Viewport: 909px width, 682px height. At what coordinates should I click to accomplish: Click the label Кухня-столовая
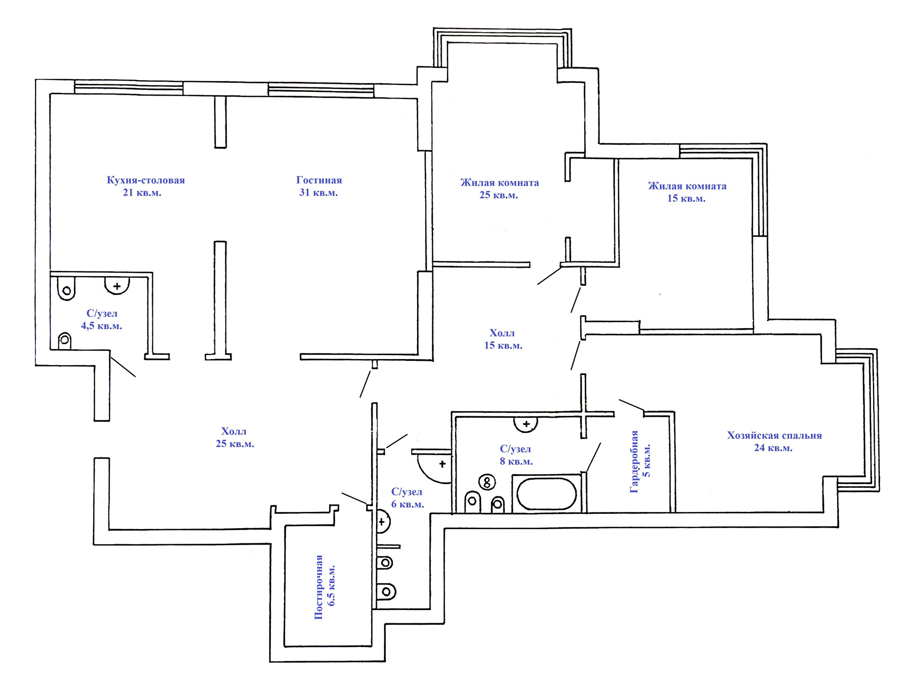pos(145,180)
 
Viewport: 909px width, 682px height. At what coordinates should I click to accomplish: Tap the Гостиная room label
pos(319,180)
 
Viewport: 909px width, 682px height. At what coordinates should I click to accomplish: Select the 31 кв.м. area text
pos(318,193)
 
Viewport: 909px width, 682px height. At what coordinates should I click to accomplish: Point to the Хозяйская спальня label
pos(774,436)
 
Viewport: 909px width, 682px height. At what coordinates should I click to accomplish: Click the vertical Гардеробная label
pos(634,462)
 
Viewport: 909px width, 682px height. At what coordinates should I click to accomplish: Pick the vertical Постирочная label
pos(319,587)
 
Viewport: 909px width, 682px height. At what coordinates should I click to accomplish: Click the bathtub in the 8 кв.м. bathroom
pos(546,494)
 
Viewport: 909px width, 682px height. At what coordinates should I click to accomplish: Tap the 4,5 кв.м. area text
pos(101,326)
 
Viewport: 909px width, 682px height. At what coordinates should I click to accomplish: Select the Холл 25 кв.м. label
pos(234,438)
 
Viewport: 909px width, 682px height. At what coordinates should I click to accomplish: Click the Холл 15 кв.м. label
pos(503,339)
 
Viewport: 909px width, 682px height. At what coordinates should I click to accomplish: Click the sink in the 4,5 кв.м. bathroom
pos(117,286)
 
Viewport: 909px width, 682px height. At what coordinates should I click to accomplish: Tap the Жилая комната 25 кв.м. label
pos(499,188)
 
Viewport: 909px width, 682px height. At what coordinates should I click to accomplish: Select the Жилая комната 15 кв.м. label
pos(687,192)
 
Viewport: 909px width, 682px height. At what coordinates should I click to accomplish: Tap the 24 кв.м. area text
pos(773,448)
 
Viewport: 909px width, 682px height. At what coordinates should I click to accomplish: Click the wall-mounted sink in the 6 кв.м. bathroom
pos(383,522)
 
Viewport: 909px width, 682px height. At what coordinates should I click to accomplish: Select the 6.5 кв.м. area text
pos(331,585)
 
